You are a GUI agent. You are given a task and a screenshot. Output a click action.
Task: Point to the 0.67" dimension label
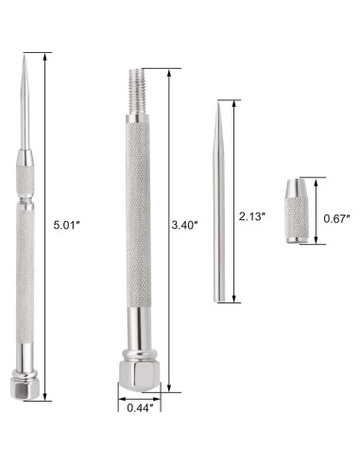pyautogui.click(x=336, y=219)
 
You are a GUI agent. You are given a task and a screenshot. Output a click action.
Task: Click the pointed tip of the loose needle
pyautogui.click(x=219, y=102)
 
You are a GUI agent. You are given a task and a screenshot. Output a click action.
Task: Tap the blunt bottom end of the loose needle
pyautogui.click(x=220, y=300)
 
